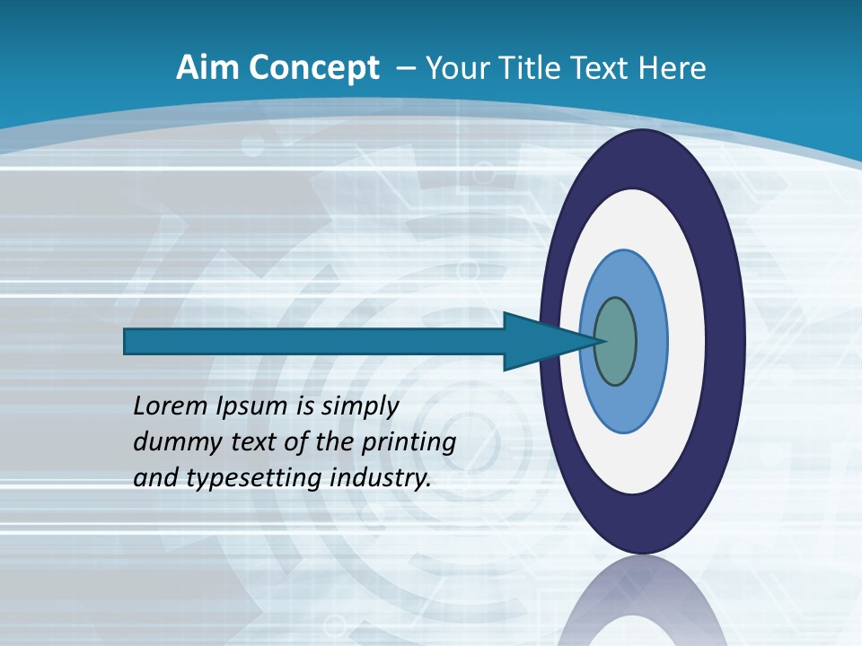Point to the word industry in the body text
(381, 477)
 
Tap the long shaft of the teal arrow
(314, 342)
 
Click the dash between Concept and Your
(403, 68)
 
